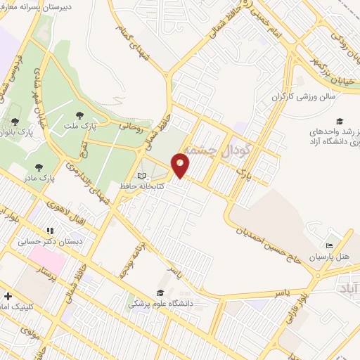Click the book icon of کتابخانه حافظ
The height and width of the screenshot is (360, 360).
[141, 176]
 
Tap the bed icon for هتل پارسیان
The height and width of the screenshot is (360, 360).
[328, 246]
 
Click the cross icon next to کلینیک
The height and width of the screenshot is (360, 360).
[6, 296]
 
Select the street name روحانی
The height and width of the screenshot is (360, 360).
[131, 127]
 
